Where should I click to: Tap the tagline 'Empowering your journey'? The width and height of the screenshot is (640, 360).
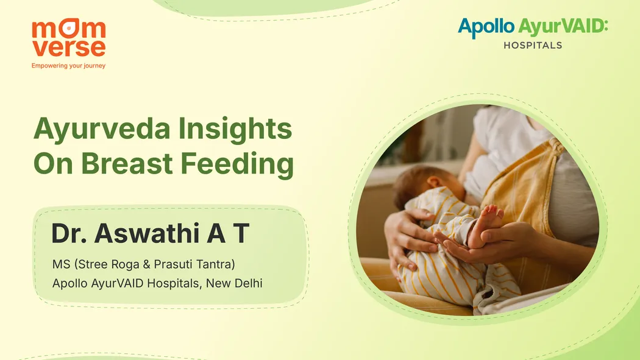point(68,66)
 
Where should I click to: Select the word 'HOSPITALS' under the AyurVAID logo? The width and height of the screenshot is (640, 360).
point(533,45)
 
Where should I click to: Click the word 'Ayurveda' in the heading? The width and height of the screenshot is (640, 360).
point(102,130)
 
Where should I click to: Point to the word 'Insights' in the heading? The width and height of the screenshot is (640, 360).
point(235,130)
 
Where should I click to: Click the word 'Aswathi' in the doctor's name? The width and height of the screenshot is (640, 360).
point(147,233)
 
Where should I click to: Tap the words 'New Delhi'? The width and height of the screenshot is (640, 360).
point(234,283)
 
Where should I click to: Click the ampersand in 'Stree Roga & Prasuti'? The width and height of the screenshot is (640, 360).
point(146,264)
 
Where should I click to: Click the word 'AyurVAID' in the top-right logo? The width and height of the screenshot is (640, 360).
point(563,27)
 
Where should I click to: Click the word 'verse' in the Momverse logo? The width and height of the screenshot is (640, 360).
point(68,48)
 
